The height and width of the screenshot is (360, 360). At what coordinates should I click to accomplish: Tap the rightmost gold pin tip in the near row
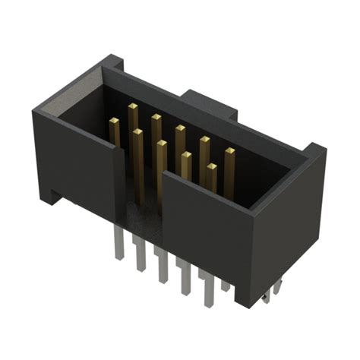(211, 168)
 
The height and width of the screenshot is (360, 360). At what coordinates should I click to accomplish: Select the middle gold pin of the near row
(161, 144)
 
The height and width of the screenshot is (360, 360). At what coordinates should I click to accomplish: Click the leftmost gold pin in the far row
(132, 107)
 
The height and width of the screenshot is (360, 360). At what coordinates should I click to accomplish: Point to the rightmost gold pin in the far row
(229, 152)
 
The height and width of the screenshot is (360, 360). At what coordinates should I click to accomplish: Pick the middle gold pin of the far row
(180, 129)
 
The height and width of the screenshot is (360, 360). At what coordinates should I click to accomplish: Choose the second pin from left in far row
(156, 118)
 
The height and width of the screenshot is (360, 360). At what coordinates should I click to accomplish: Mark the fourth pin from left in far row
(204, 141)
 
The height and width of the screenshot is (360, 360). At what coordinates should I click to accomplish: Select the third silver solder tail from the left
(162, 266)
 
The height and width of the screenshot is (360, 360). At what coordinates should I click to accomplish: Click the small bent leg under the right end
(275, 291)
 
